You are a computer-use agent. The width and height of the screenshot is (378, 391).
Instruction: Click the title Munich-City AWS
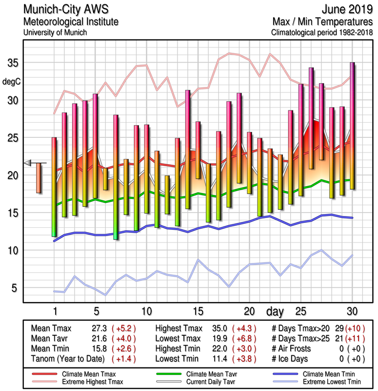point(63,10)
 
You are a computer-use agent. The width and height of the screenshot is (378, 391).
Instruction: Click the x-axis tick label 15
point(198,311)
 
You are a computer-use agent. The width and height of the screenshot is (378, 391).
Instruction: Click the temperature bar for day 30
point(352,126)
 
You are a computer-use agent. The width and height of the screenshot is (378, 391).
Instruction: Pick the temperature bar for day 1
point(54,187)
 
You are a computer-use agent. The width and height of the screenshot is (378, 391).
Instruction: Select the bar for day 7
point(116,177)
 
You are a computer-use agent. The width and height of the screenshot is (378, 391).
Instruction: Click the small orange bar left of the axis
point(39,178)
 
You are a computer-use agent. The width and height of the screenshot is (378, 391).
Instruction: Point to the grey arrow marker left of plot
point(28,163)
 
